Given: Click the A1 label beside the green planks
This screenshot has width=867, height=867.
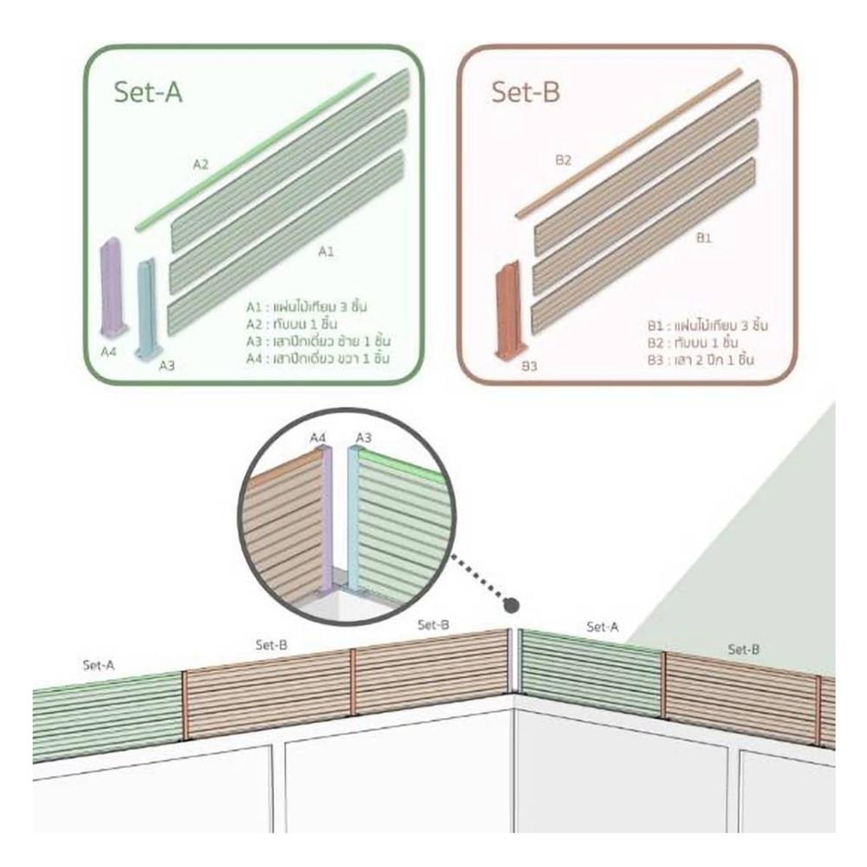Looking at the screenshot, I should [325, 251].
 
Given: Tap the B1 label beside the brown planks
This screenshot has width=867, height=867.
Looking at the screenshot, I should [703, 238].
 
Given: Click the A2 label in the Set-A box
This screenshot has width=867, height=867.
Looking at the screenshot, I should [200, 164].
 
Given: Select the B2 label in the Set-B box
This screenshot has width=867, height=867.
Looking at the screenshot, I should [563, 160].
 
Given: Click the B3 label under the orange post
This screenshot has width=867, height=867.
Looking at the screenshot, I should [529, 367].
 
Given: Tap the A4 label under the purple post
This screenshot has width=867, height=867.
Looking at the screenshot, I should [108, 352].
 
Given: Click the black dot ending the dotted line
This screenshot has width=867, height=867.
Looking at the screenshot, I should [512, 604].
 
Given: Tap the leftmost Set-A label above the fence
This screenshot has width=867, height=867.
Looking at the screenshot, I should [99, 665].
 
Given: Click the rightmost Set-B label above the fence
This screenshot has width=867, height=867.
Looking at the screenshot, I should [744, 649].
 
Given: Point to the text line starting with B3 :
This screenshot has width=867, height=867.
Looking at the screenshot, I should [699, 358].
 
